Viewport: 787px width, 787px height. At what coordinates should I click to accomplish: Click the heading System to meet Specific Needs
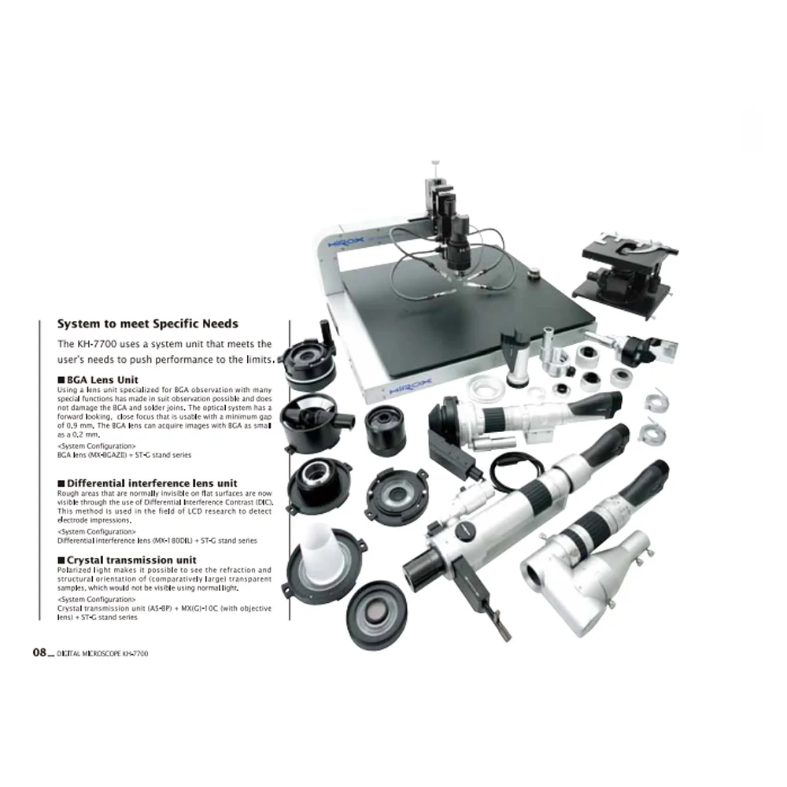pyautogui.click(x=147, y=323)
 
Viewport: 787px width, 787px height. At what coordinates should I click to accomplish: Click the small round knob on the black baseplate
pyautogui.click(x=535, y=276)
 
